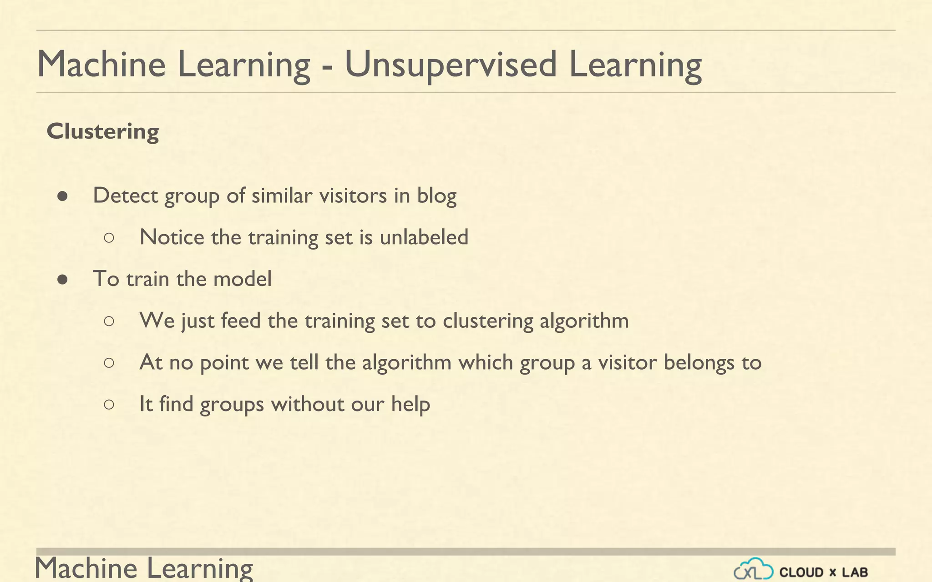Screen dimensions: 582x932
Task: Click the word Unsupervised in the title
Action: [x=451, y=65]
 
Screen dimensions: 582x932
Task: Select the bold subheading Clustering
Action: [x=103, y=131]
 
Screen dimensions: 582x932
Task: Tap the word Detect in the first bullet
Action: [x=126, y=196]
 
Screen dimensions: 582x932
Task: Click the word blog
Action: [x=437, y=196]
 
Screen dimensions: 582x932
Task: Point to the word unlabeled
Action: [x=424, y=237]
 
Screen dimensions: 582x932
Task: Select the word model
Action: [x=242, y=279]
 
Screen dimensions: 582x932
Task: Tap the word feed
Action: [x=240, y=321]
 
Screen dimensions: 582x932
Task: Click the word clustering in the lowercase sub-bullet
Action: [x=488, y=321]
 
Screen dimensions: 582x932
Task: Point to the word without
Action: [x=308, y=404]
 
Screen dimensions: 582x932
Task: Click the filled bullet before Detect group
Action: [x=63, y=196]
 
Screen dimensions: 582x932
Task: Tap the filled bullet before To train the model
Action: [x=63, y=280]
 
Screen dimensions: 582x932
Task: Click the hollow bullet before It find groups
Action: [x=109, y=404]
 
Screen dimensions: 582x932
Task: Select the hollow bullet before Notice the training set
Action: [x=109, y=237]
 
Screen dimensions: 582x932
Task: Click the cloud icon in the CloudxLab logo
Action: [x=753, y=569]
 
